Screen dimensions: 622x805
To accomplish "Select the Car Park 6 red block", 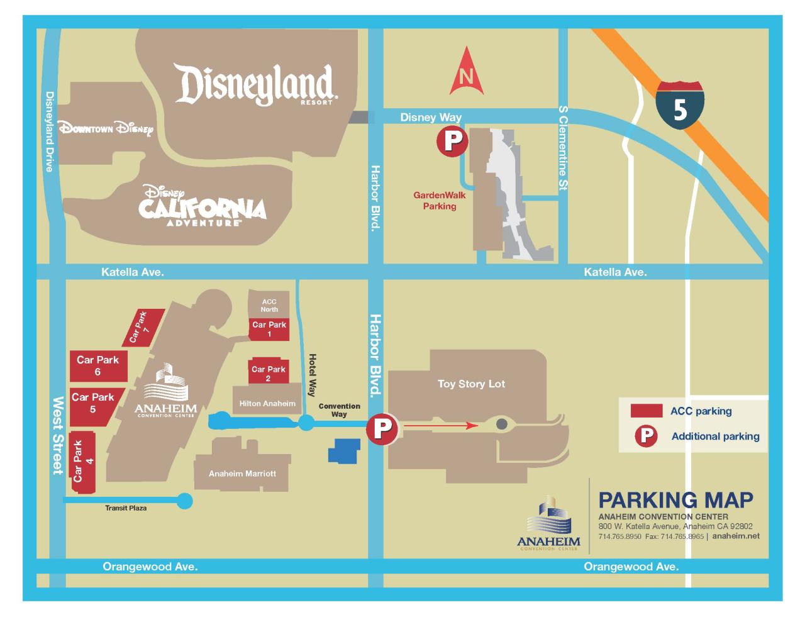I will pos(98,365).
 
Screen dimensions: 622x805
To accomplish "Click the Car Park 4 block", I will pos(82,462).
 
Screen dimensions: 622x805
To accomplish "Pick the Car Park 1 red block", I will pos(269,329).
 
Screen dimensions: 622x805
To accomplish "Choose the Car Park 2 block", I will pos(268,373).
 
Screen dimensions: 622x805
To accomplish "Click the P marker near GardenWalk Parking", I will pos(452,141).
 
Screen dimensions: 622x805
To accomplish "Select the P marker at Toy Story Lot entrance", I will pos(382,429).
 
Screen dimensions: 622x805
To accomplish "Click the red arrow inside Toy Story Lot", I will pos(440,426).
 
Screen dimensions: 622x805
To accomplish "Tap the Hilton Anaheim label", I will pos(267,404).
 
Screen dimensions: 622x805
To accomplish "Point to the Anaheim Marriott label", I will pos(242,474).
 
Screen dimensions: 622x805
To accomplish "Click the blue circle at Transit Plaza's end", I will pos(185,501).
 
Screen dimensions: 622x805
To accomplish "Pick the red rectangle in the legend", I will pos(646,411).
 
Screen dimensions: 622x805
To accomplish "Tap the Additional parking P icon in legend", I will pos(646,436).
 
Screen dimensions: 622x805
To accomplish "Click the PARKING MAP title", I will pos(675,500).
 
